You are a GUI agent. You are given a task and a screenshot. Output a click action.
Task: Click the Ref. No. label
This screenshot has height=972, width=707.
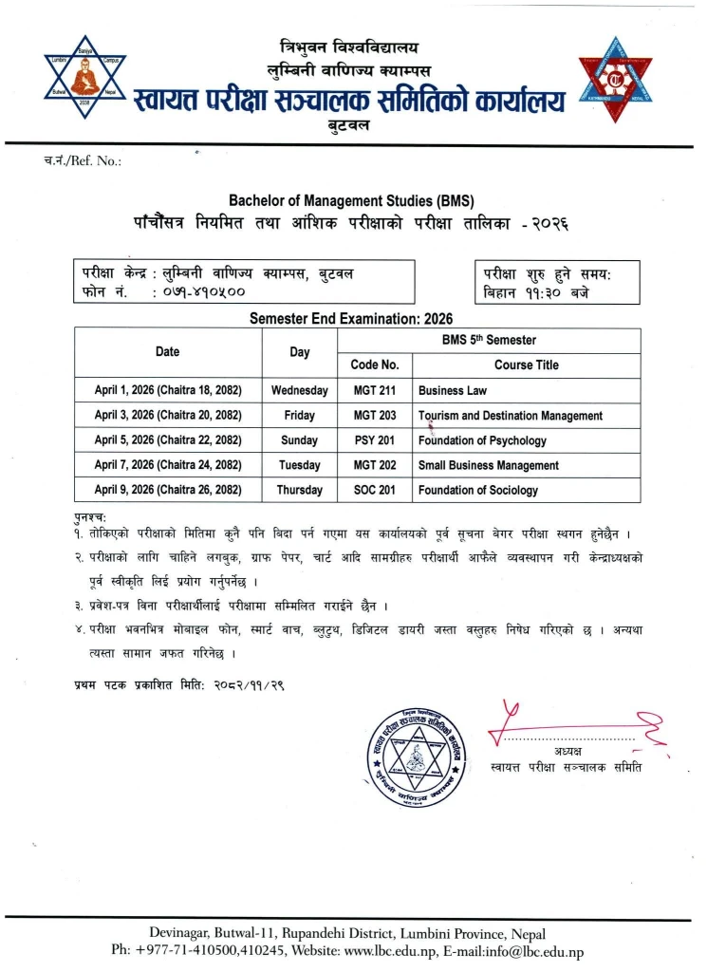pos(84,160)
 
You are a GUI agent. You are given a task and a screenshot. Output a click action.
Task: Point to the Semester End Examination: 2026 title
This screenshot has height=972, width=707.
pos(350,319)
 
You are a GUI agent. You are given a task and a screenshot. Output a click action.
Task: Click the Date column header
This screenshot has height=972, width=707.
pos(167,351)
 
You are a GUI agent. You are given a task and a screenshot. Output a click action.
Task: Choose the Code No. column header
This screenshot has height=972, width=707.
pos(375,364)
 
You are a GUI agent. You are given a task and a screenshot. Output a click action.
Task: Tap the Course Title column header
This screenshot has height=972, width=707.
pos(526,364)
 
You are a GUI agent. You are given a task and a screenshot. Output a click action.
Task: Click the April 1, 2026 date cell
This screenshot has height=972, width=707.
pos(167,390)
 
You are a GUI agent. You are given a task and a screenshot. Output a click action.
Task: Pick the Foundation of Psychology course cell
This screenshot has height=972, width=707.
pos(482,440)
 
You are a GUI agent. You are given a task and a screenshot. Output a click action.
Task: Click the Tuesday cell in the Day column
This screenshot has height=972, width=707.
pos(299,465)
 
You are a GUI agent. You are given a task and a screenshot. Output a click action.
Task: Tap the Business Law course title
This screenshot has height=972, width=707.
pos(453,390)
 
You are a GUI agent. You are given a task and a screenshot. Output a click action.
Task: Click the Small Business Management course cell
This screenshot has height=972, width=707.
pos(488,465)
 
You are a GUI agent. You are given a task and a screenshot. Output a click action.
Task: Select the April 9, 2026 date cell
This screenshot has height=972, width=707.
pos(167,490)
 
